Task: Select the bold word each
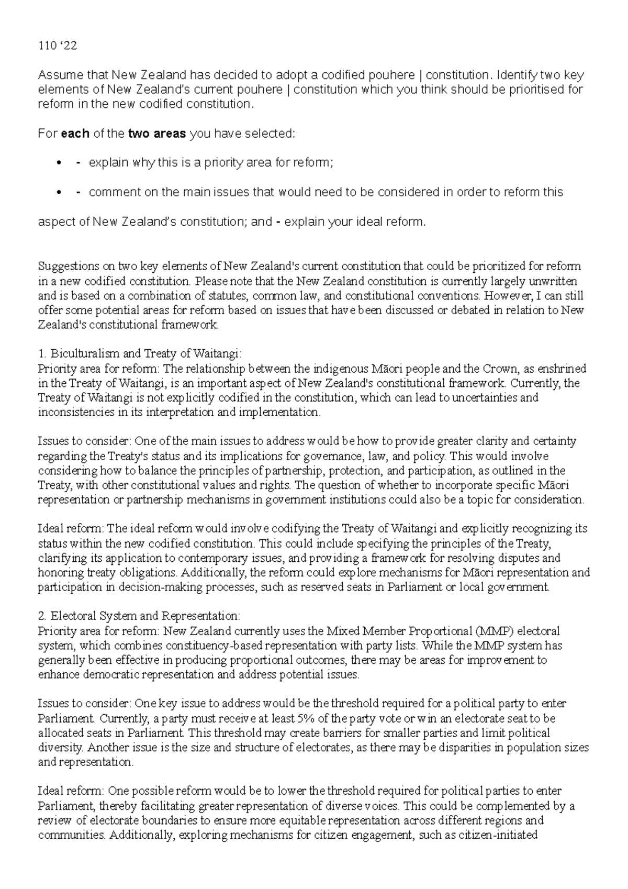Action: (75, 134)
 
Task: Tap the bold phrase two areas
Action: (157, 134)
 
